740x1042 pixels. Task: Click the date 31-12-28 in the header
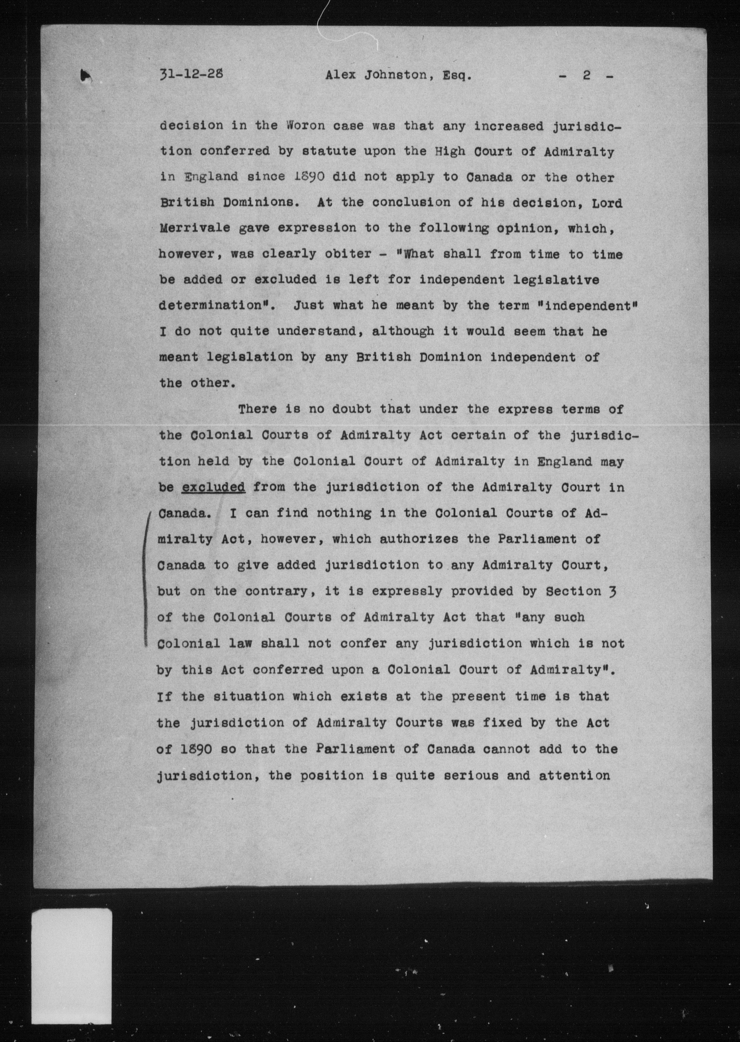[191, 74]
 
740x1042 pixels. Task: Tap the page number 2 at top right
[586, 75]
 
